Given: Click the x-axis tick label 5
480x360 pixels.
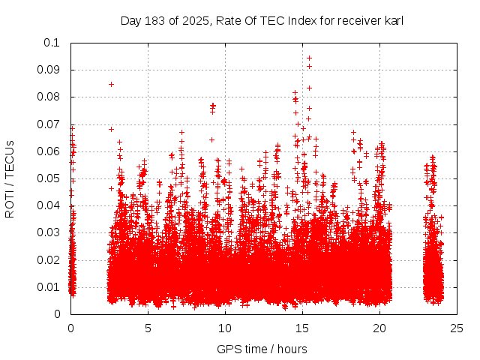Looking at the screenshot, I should tap(148, 328).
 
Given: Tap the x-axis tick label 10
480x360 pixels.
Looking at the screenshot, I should tap(225, 328).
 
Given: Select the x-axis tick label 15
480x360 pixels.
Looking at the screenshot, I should tap(302, 328).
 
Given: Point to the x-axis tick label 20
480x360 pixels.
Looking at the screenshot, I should tap(379, 328).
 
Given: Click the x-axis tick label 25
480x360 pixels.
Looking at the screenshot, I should tap(457, 328).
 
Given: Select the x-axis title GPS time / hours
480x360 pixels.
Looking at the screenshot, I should tap(262, 349).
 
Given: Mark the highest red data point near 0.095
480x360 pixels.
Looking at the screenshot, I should tap(309, 58).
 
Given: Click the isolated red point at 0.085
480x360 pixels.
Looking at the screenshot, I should tap(111, 84).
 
